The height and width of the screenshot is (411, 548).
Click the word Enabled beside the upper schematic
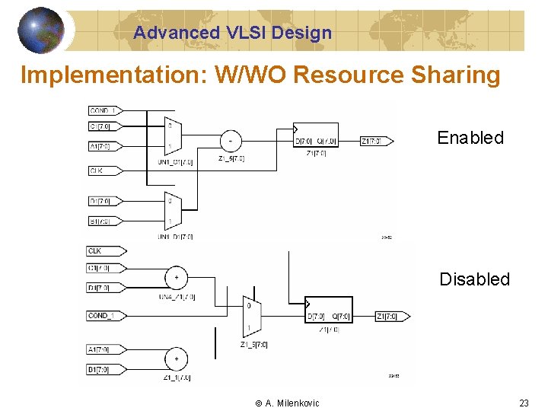(470, 138)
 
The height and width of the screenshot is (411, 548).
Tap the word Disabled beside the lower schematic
(474, 279)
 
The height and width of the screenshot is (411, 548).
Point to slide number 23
(524, 403)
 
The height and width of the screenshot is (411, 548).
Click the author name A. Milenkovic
(292, 403)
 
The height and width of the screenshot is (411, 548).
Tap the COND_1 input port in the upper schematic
(107, 111)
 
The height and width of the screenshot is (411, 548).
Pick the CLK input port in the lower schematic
(105, 250)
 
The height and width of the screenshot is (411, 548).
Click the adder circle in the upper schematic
(230, 140)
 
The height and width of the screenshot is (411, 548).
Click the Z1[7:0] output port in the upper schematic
(376, 141)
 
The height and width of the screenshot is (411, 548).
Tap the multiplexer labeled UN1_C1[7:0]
(171, 135)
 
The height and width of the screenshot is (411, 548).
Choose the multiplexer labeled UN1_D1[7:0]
(171, 211)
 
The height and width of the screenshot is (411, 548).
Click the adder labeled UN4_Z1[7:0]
(176, 278)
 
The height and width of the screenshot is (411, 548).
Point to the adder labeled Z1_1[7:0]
(176, 358)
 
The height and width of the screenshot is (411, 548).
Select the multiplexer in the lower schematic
(252, 316)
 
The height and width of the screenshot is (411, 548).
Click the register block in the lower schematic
(329, 311)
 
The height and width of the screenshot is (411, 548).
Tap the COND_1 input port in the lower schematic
(106, 316)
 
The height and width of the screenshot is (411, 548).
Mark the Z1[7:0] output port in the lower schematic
(393, 316)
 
